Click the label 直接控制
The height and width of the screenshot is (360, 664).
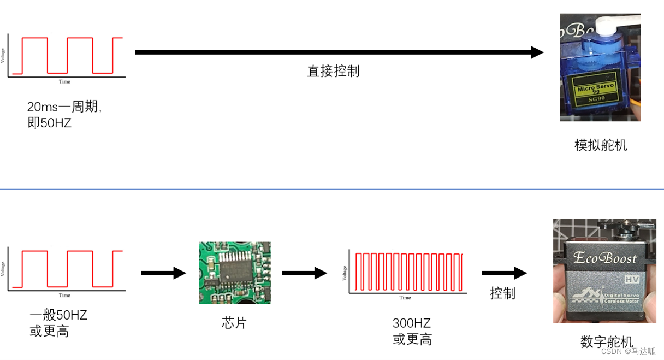pos(333,71)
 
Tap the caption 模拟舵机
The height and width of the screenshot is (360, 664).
pos(601,145)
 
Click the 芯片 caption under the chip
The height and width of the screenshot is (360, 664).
pos(234,323)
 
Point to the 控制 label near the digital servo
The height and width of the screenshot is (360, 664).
pos(502,293)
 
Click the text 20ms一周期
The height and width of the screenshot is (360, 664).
pos(64,107)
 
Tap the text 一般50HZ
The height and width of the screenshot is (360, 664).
pos(58,315)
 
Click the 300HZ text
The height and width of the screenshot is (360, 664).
pos(412,323)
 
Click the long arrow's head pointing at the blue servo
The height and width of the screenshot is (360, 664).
pos(537,52)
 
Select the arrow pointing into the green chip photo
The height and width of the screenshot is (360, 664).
pos(164,273)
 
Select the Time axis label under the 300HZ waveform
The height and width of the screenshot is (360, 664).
pos(405,298)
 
